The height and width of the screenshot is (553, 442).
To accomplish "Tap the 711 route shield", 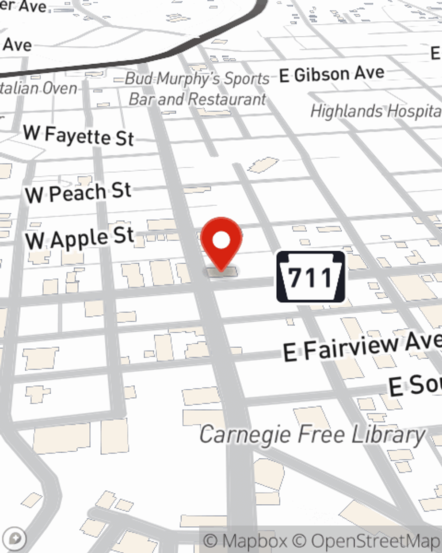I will [311, 277].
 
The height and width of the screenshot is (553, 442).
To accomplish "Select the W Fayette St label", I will [79, 135].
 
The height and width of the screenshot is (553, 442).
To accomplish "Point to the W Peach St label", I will [78, 193].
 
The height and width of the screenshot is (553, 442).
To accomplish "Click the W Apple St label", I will [80, 238].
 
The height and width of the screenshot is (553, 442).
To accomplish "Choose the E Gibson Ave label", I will [332, 74].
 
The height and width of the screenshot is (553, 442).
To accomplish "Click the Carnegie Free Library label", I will [312, 434].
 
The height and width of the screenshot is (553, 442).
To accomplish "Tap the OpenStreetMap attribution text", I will [375, 541].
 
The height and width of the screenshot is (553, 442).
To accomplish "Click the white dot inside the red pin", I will [221, 241].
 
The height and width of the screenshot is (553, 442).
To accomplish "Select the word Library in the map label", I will [388, 434].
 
